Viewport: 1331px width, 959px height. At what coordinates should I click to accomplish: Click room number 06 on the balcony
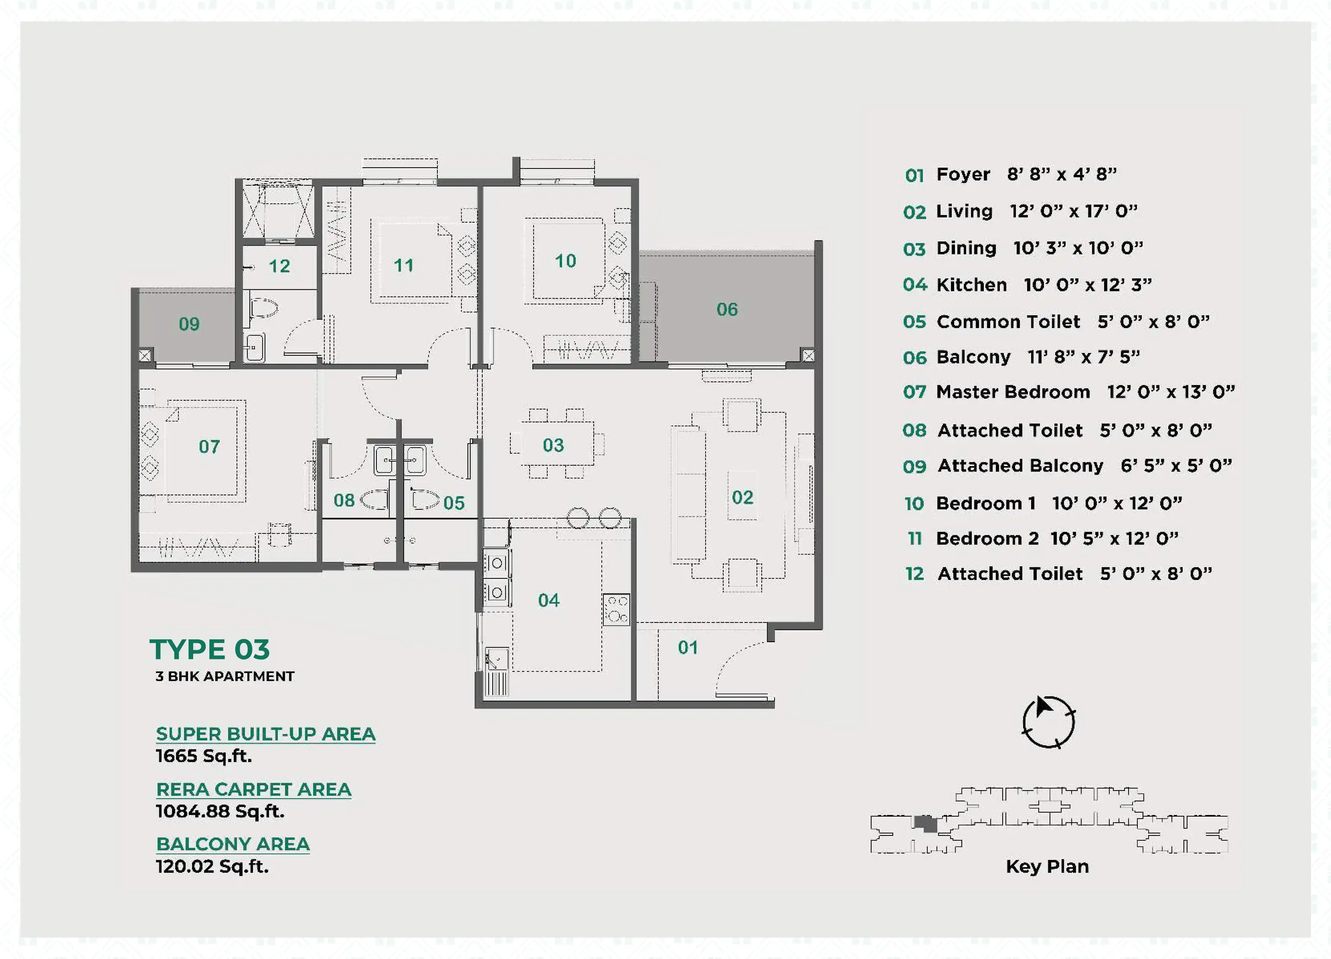click(727, 310)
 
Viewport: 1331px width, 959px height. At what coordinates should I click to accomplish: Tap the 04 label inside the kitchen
click(549, 600)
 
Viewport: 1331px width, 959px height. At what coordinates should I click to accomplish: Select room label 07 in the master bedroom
click(209, 447)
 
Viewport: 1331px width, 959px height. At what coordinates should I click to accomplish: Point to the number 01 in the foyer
click(688, 648)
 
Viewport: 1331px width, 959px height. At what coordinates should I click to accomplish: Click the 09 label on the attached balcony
click(189, 324)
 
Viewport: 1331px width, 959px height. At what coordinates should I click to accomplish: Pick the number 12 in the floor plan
click(279, 266)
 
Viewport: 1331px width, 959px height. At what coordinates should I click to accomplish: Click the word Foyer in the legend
click(963, 174)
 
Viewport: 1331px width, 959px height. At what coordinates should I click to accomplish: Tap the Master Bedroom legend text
click(1013, 392)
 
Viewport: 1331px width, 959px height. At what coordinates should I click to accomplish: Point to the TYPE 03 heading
click(210, 649)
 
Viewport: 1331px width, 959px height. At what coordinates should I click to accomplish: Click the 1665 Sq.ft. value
click(204, 756)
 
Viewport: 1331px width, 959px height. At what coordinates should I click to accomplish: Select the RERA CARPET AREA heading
click(253, 789)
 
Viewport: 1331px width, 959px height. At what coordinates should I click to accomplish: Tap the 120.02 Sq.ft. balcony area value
click(212, 866)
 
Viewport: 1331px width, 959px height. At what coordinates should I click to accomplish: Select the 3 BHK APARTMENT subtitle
click(225, 677)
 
